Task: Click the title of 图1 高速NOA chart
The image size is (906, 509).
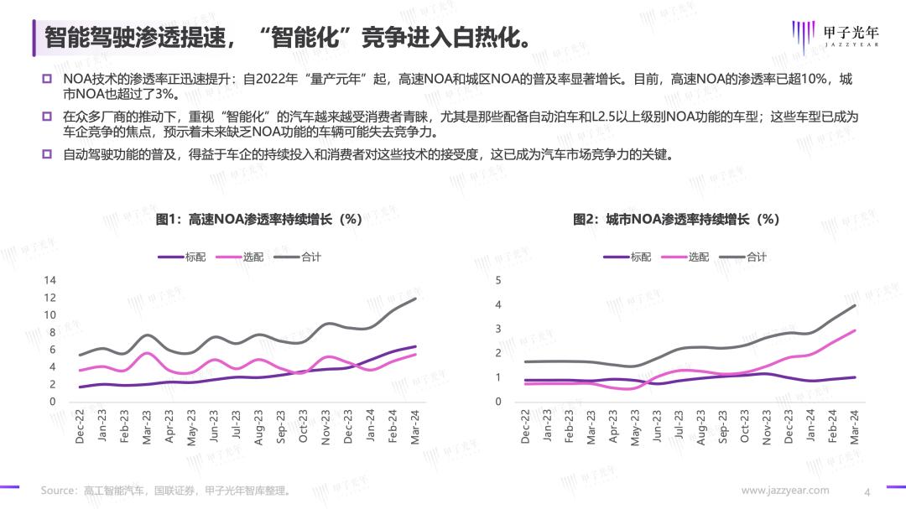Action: tap(258, 220)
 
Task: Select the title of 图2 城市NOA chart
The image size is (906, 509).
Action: tap(676, 220)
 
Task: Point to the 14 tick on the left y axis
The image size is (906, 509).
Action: tap(50, 280)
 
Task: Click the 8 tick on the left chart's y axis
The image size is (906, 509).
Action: tap(53, 332)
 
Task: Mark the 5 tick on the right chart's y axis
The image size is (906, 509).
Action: tap(498, 280)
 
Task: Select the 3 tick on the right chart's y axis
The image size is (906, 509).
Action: tap(498, 329)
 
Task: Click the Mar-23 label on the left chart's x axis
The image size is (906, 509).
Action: tap(148, 427)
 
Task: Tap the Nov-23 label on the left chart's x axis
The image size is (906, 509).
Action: tap(326, 427)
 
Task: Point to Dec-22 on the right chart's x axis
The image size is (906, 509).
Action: tap(525, 427)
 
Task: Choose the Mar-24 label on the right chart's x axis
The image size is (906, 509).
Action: tap(855, 427)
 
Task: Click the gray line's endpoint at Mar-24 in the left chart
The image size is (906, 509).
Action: tap(415, 299)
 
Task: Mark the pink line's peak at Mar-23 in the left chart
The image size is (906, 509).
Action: tap(148, 353)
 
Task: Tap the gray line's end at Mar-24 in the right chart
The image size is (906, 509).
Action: tap(855, 305)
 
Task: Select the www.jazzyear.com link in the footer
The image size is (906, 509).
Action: tap(785, 491)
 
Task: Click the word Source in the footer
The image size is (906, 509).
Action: tap(59, 491)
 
